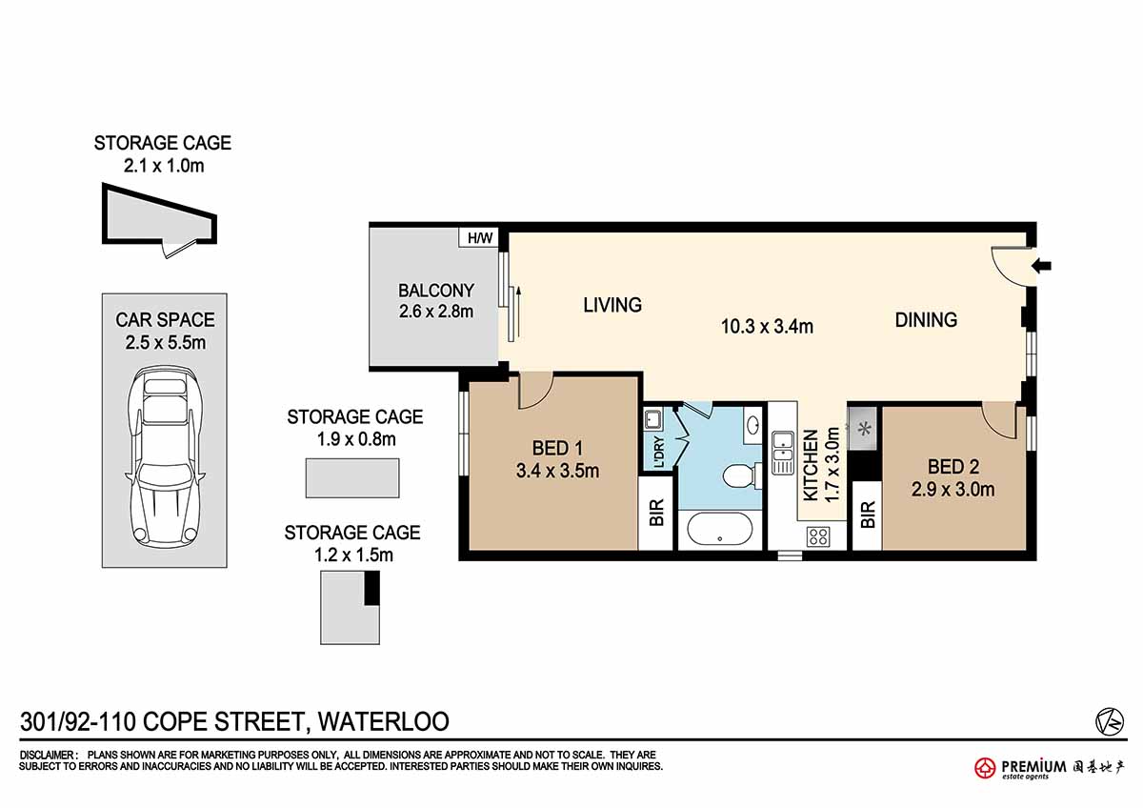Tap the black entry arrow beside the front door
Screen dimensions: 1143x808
(1041, 266)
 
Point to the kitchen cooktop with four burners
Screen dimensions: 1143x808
(818, 536)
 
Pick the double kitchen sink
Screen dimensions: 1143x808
(783, 453)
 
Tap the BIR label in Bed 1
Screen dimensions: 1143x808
(656, 512)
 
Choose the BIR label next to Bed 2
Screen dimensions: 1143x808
(868, 514)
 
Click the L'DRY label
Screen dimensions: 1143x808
(659, 453)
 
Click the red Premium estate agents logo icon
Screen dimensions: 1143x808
(984, 768)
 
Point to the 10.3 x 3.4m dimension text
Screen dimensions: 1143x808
(767, 326)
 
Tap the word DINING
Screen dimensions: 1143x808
(926, 320)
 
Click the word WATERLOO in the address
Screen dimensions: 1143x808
(383, 721)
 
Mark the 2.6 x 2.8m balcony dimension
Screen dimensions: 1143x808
(436, 312)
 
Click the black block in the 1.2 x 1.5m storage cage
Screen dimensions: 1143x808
(372, 588)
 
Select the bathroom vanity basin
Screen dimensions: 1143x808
(752, 424)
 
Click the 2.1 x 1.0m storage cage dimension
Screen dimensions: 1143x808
(164, 166)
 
